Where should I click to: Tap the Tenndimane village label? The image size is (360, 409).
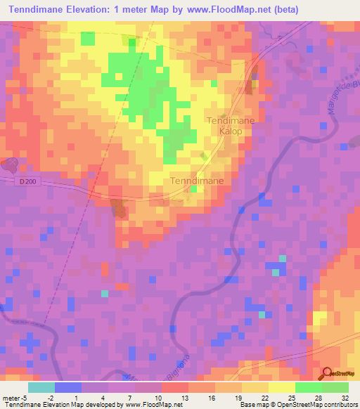(x=198, y=181)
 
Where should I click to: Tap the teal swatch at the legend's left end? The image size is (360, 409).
(x=41, y=387)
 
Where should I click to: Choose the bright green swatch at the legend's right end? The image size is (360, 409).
(x=335, y=387)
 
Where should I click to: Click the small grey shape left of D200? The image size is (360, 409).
(x=10, y=165)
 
